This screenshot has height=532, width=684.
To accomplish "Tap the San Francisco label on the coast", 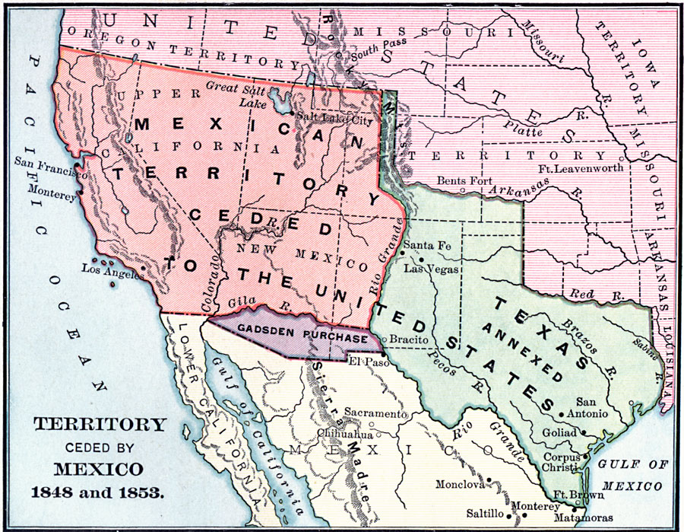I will [49, 162].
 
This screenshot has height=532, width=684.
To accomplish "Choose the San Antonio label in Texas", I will [591, 407].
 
